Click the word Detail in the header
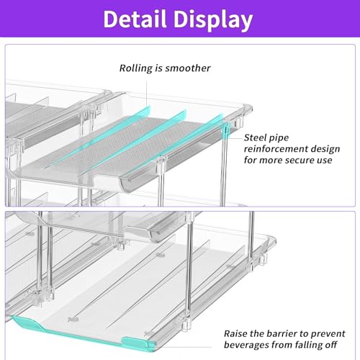(135, 19)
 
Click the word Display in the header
(213, 21)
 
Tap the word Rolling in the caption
(136, 68)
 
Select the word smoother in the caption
(188, 68)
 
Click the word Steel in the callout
(255, 138)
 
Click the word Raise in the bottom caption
(235, 333)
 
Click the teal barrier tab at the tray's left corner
(27, 323)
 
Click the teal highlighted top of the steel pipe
(225, 131)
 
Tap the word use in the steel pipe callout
(325, 161)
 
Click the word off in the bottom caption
(331, 345)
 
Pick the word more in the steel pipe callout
(271, 161)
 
